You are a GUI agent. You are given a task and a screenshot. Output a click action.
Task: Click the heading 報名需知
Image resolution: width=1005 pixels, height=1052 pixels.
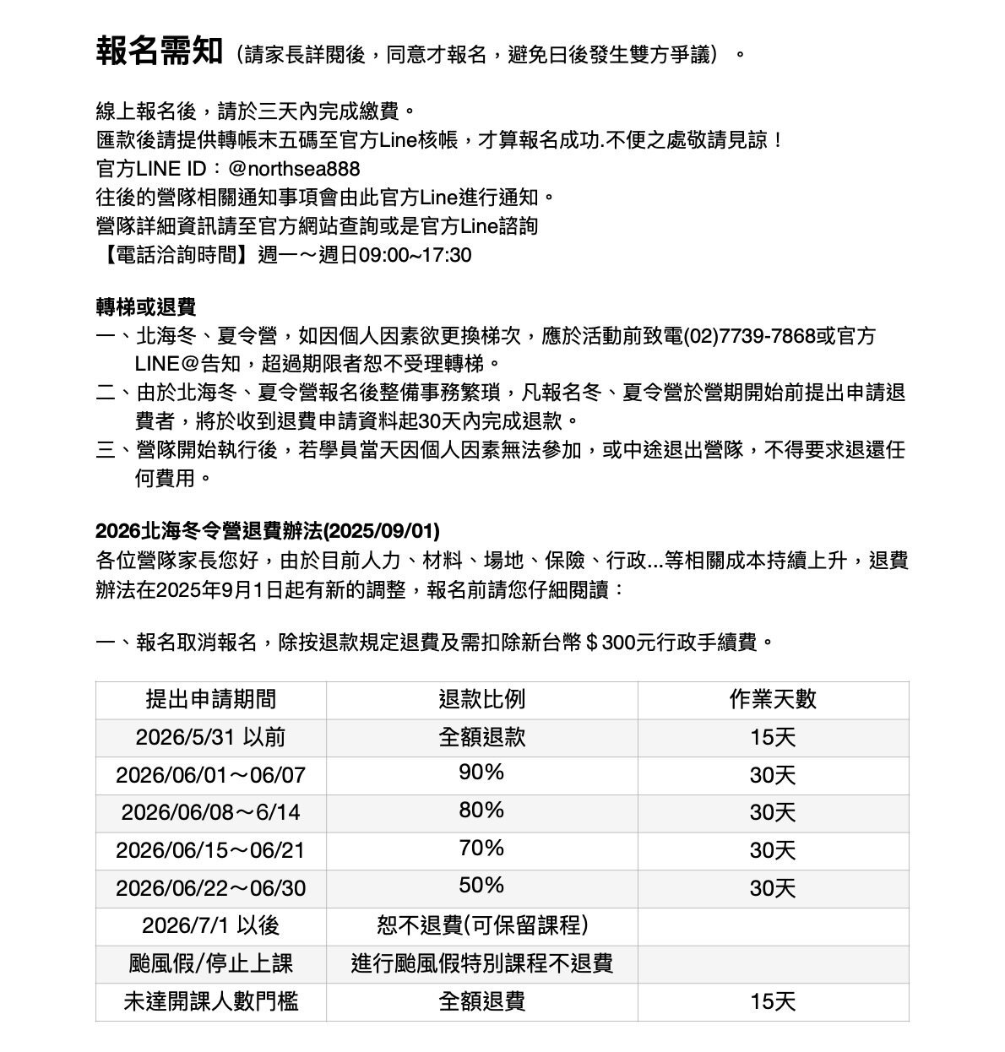159,52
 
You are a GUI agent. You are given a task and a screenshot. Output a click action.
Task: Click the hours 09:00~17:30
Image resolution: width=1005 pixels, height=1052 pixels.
416,255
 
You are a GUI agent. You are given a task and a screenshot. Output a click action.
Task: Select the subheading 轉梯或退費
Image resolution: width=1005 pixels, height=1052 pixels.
146,306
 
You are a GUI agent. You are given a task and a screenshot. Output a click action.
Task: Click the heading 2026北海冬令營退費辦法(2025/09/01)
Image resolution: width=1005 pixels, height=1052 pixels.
268,531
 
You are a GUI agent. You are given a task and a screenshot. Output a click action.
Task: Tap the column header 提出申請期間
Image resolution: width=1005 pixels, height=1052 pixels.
210,699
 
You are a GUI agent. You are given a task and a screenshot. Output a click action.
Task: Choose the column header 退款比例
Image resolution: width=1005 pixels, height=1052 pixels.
481,699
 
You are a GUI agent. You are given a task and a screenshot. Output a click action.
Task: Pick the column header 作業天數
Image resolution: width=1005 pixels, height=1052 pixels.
773,699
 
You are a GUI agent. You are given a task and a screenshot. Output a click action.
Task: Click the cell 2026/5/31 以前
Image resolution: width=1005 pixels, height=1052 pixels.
210,737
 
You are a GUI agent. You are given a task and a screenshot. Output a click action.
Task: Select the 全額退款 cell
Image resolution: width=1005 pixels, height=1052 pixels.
481,737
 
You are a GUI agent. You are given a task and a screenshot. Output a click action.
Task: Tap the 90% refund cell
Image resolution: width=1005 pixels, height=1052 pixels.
481,773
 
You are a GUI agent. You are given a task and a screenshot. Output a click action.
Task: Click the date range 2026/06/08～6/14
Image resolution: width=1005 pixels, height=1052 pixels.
210,812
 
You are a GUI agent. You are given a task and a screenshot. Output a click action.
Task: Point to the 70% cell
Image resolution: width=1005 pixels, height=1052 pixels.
481,848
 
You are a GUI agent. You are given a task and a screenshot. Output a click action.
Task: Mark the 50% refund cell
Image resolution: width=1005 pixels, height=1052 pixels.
481,886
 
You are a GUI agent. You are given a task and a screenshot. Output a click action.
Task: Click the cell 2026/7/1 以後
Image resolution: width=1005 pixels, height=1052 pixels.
210,925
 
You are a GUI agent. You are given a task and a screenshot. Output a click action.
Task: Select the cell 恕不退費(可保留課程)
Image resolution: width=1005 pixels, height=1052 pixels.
481,925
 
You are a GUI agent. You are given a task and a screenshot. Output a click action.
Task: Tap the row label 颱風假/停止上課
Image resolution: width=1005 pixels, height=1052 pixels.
210,963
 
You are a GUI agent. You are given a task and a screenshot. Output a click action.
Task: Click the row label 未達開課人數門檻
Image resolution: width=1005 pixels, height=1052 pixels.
210,1001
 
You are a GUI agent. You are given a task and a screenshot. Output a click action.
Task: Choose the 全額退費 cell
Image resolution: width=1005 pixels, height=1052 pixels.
481,1001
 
